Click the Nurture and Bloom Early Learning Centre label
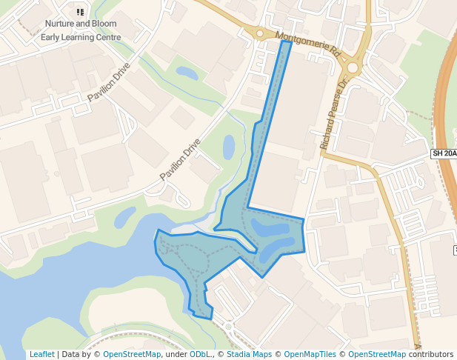[81, 30]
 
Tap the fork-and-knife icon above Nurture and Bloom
[81, 12]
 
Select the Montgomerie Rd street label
[307, 44]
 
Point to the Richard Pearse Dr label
[333, 116]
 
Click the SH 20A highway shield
[444, 153]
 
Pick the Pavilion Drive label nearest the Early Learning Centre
[108, 82]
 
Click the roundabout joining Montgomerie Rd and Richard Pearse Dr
[352, 68]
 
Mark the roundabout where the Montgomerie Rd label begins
[260, 33]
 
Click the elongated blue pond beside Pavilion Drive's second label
[229, 147]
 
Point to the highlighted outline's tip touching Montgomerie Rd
[287, 42]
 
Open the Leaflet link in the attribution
[41, 354]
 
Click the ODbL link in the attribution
[200, 354]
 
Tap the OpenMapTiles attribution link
[311, 354]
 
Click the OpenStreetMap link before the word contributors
[377, 354]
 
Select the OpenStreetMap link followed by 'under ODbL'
[132, 354]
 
